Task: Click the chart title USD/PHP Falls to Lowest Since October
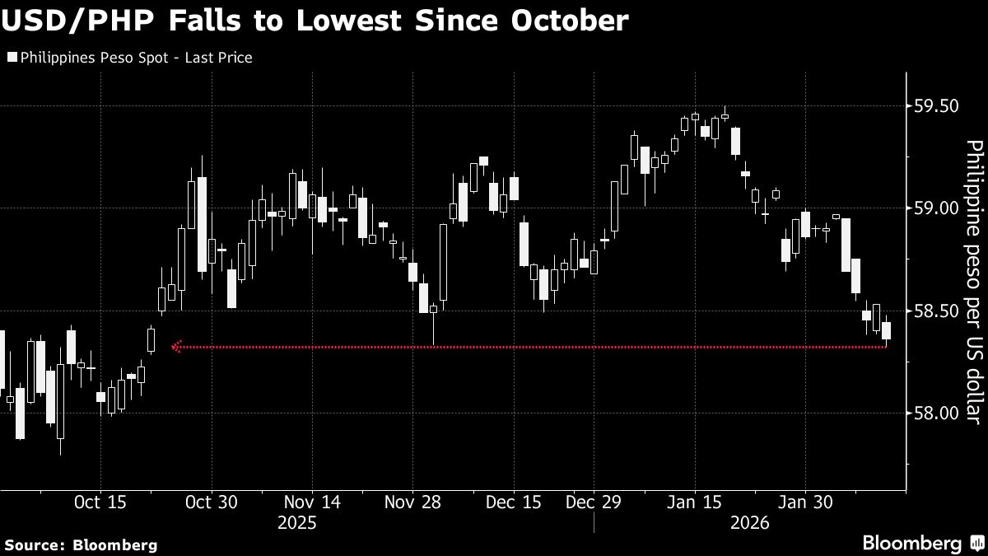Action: (316, 21)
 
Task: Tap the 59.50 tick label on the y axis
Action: (937, 106)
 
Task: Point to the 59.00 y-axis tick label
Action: (937, 208)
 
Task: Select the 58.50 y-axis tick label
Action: (937, 311)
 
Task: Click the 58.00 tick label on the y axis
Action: (937, 413)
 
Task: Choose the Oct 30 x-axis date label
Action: (212, 502)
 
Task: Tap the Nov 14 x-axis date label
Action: (312, 502)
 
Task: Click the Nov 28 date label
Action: (413, 502)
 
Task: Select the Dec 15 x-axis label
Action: (513, 502)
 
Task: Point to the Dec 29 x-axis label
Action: (593, 502)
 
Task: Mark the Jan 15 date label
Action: (694, 502)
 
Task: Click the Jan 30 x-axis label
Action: (805, 502)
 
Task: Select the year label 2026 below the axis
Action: (748, 523)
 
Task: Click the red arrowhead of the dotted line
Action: (175, 348)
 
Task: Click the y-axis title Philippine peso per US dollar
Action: (973, 283)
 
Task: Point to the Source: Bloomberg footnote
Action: (81, 544)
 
